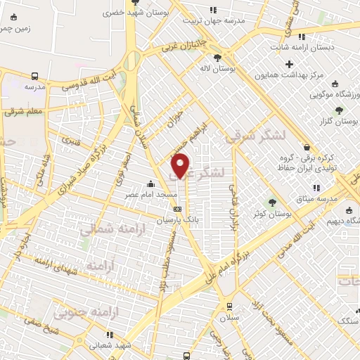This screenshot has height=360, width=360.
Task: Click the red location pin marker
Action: (x=181, y=165)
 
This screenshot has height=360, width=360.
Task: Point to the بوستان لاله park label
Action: (x=216, y=69)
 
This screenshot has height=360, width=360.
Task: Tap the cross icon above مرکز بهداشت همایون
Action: (x=289, y=64)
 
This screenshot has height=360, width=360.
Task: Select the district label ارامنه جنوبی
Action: (x=116, y=309)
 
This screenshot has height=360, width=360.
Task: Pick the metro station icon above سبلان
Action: (x=229, y=306)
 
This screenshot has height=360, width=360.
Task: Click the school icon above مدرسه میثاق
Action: (x=316, y=188)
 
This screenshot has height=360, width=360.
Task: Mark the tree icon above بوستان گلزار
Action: (x=339, y=110)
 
